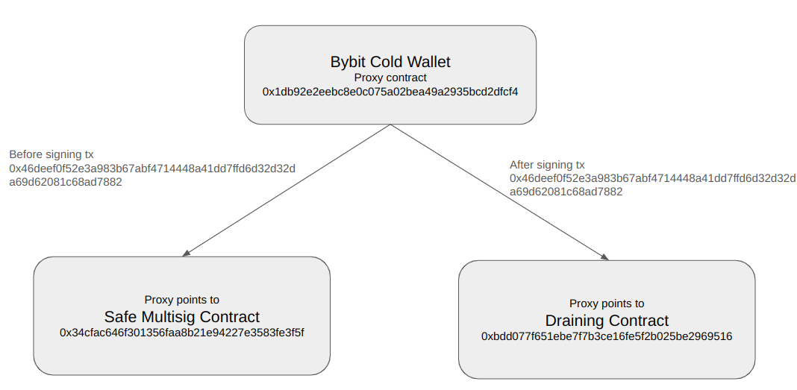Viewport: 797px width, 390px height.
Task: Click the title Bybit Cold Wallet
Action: [390, 62]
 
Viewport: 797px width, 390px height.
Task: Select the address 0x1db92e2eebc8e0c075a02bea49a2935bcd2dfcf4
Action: [390, 92]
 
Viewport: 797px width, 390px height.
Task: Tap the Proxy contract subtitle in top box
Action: [390, 78]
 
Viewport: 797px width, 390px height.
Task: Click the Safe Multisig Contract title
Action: [182, 316]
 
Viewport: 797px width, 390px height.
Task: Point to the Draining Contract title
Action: [607, 321]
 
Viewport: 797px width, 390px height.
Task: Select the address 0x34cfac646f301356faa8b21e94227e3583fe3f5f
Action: [182, 332]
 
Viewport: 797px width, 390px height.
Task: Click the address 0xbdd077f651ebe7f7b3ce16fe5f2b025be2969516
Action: [607, 336]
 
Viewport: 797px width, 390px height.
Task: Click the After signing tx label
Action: [547, 165]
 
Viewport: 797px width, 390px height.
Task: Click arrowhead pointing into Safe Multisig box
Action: [186, 254]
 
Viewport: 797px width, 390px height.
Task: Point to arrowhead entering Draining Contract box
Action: [604, 257]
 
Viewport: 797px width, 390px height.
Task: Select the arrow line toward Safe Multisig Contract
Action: [287, 190]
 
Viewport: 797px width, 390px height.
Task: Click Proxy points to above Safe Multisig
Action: [182, 300]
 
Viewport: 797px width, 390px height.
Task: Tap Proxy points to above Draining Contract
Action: [607, 303]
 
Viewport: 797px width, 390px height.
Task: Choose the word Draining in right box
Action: [574, 321]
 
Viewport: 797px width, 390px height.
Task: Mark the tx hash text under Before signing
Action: [152, 174]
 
